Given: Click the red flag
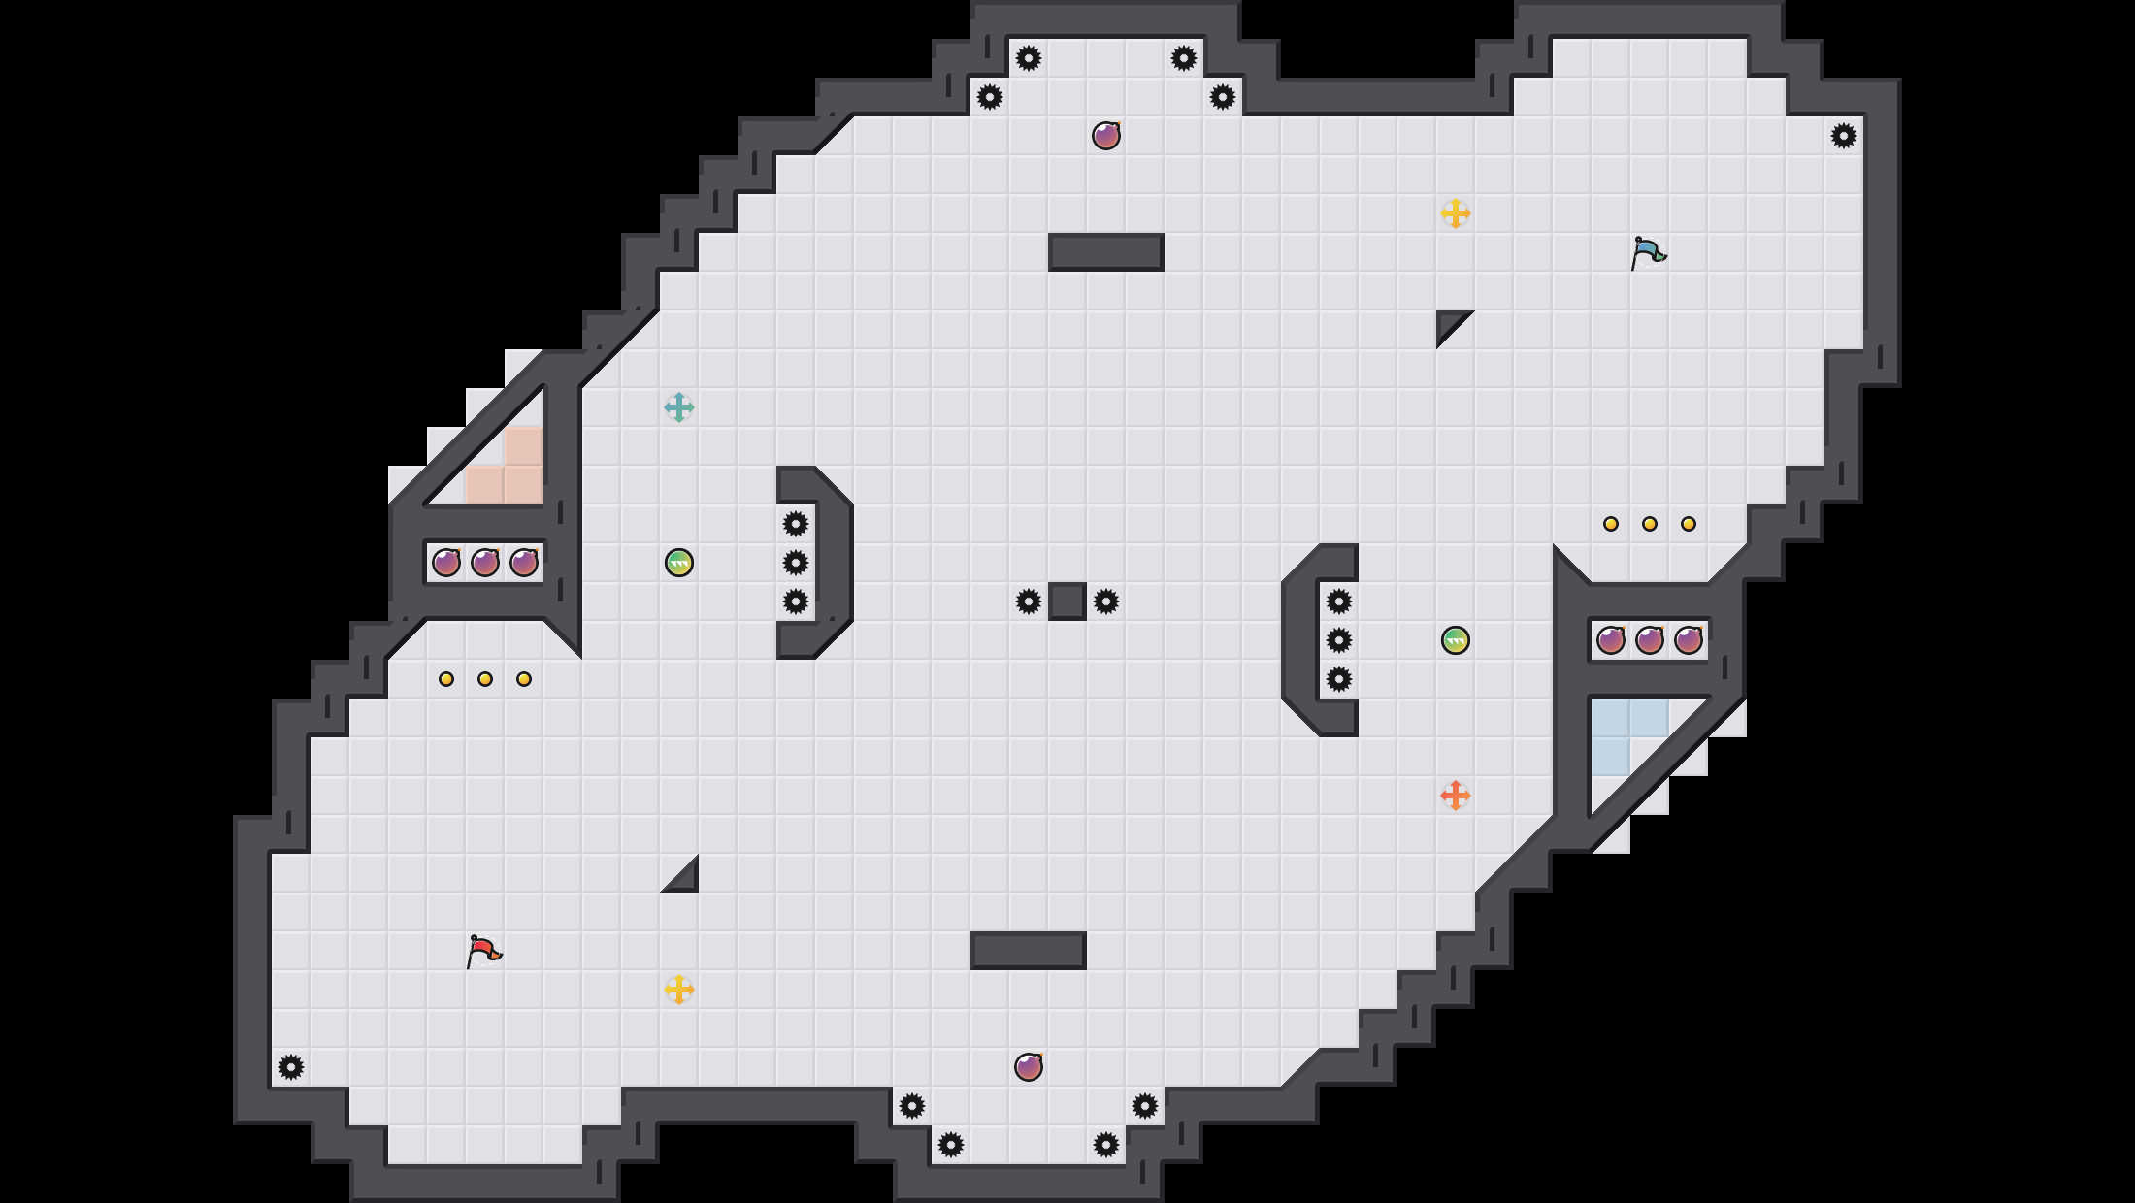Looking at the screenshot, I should (482, 951).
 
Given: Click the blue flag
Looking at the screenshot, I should (1647, 252).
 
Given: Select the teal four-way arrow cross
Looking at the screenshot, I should (679, 407).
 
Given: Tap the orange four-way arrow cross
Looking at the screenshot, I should (1456, 796).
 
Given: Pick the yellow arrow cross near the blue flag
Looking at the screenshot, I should (1456, 213).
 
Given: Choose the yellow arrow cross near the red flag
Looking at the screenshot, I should (679, 990).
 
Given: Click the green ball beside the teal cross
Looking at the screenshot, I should (679, 563).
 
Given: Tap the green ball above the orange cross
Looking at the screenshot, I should (1456, 640).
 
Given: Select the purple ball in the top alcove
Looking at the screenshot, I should (1106, 136).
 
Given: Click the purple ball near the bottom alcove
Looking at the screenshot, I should (1029, 1067).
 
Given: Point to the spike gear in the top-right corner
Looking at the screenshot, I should (1844, 136).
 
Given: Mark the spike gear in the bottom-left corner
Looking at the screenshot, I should (291, 1067).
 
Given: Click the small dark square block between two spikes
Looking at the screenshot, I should (1067, 601).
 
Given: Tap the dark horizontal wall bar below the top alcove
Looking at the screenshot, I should (1106, 252).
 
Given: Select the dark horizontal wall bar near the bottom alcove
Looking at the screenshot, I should (1029, 951).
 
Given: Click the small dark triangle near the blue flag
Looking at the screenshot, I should (1449, 323).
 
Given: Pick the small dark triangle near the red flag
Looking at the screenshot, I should (686, 880).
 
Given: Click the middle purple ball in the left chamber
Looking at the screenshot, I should (485, 563).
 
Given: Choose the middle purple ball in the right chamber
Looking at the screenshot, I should (1650, 640).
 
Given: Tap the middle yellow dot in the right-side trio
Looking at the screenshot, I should (1650, 524).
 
